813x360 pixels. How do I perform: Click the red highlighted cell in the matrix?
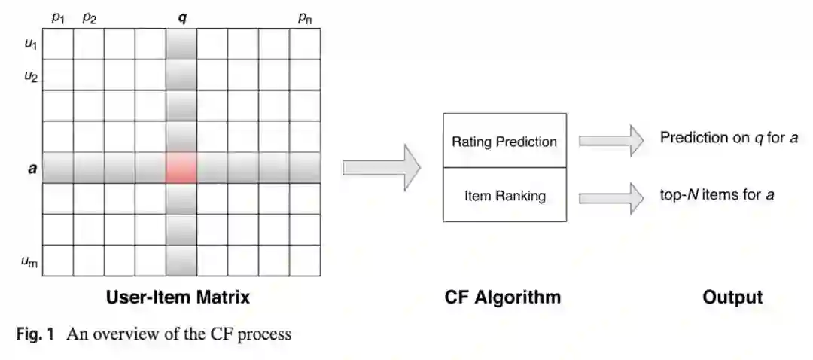[x=181, y=167]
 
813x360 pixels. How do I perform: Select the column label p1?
[x=58, y=17]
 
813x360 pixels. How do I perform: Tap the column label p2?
[x=89, y=17]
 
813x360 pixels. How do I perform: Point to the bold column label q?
[x=181, y=17]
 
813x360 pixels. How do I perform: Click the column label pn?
[x=305, y=18]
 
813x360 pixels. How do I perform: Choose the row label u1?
[x=31, y=44]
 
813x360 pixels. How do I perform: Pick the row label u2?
[x=31, y=75]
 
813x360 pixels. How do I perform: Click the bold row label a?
[x=31, y=167]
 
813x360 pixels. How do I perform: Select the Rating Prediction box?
[x=504, y=141]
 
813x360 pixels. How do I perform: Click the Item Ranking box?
[x=504, y=196]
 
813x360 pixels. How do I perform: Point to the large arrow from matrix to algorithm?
[x=381, y=167]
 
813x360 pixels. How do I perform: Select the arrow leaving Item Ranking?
[x=611, y=196]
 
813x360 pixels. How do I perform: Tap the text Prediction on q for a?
[x=729, y=138]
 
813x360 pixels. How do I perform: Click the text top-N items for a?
[x=717, y=195]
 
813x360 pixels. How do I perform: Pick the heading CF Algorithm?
[x=503, y=297]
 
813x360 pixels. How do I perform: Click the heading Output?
[x=732, y=297]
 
